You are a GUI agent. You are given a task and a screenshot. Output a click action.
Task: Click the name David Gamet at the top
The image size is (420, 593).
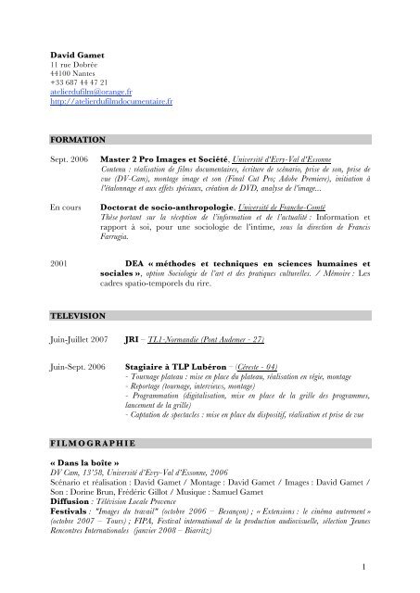point(77,57)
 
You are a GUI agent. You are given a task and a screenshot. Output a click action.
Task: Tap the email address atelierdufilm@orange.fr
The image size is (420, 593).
point(91,93)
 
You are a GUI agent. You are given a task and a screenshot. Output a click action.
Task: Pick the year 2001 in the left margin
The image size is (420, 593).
point(60,263)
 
